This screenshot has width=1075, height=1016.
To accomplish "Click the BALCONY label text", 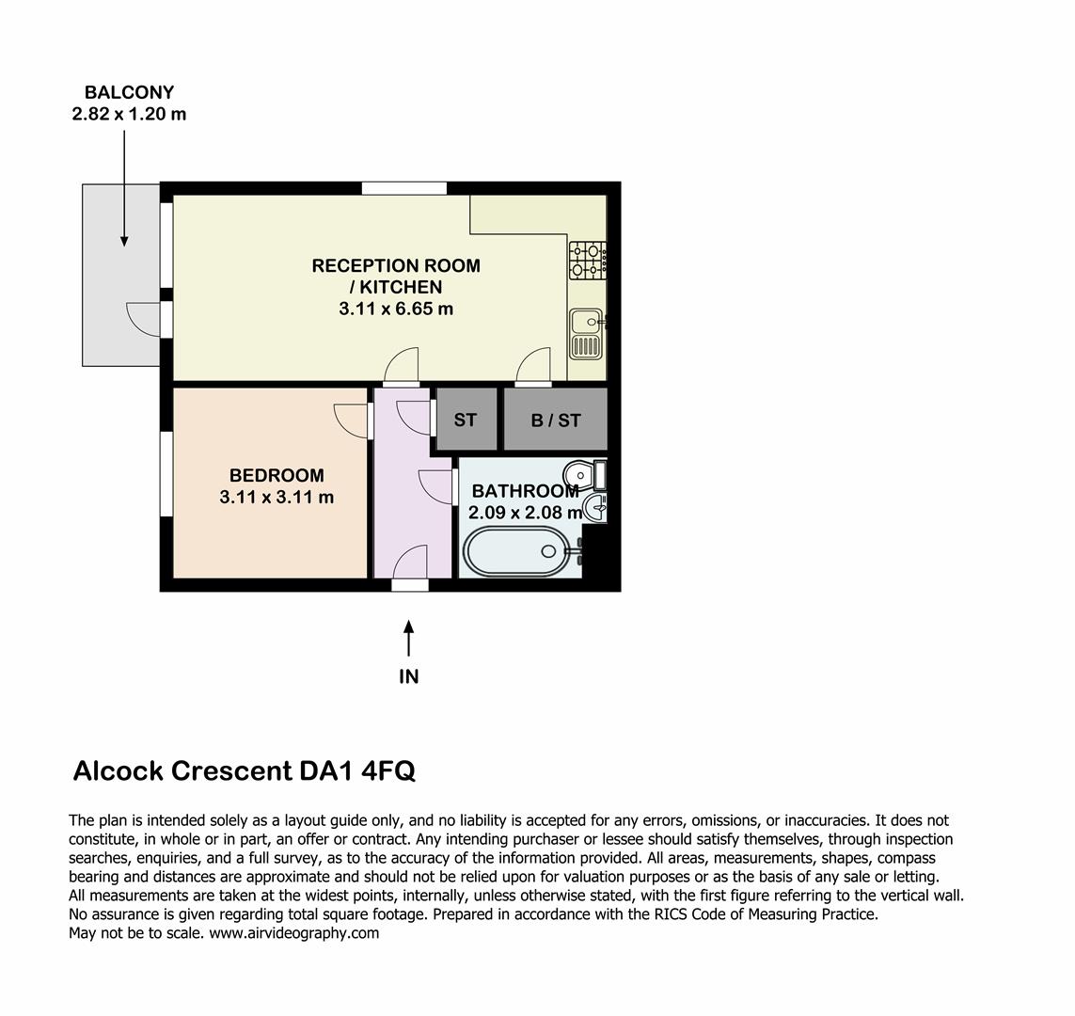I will point(129,92).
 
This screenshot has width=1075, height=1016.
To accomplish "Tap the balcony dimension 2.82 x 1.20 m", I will point(129,115).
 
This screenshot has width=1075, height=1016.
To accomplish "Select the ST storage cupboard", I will point(466,420).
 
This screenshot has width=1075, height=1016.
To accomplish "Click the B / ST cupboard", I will point(556,420).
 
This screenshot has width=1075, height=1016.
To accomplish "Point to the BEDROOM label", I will point(277,476).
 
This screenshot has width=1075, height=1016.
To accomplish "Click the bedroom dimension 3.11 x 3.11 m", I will point(277,498).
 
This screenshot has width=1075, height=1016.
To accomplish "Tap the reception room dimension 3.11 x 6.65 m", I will point(396,309).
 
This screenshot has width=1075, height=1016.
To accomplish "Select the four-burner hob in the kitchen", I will point(587,261).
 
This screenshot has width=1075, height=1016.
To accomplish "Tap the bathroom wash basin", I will point(596,509).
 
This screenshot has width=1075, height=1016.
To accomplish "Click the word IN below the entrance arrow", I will point(408,676).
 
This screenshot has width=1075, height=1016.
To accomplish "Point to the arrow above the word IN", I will point(408,638).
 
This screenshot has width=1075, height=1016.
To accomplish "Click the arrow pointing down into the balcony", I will point(124,188).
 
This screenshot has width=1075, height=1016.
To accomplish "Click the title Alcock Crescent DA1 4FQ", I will point(244,771).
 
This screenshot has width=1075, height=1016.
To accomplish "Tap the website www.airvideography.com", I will point(293,933).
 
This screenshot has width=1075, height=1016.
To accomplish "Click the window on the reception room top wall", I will point(404,188).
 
